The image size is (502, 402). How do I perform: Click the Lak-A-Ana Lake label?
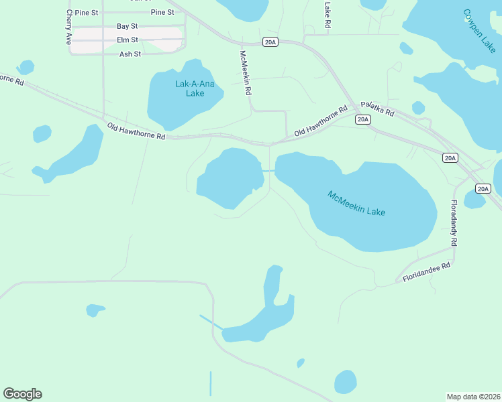pyautogui.click(x=189, y=88)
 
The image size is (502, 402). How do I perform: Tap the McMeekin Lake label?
pyautogui.click(x=356, y=204)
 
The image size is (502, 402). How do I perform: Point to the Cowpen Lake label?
pyautogui.click(x=479, y=31)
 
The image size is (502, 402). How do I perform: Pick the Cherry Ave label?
pyautogui.click(x=68, y=27)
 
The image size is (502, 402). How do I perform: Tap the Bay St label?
pyautogui.click(x=127, y=26)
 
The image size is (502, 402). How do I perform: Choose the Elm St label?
pyautogui.click(x=127, y=40)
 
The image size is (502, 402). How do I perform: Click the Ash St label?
pyautogui.click(x=130, y=54)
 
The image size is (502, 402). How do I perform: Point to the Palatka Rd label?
pyautogui.click(x=377, y=109)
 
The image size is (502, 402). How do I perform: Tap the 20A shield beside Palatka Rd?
pyautogui.click(x=362, y=120)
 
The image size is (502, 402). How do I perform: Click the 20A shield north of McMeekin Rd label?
pyautogui.click(x=270, y=42)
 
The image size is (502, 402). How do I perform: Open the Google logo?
pyautogui.click(x=22, y=394)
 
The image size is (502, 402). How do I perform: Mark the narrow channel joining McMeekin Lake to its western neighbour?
pyautogui.click(x=268, y=171)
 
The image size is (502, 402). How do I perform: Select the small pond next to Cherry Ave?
pyautogui.click(x=26, y=68)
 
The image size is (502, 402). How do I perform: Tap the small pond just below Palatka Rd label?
pyautogui.click(x=418, y=108)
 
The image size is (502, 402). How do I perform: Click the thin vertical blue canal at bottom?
pyautogui.click(x=210, y=383)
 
